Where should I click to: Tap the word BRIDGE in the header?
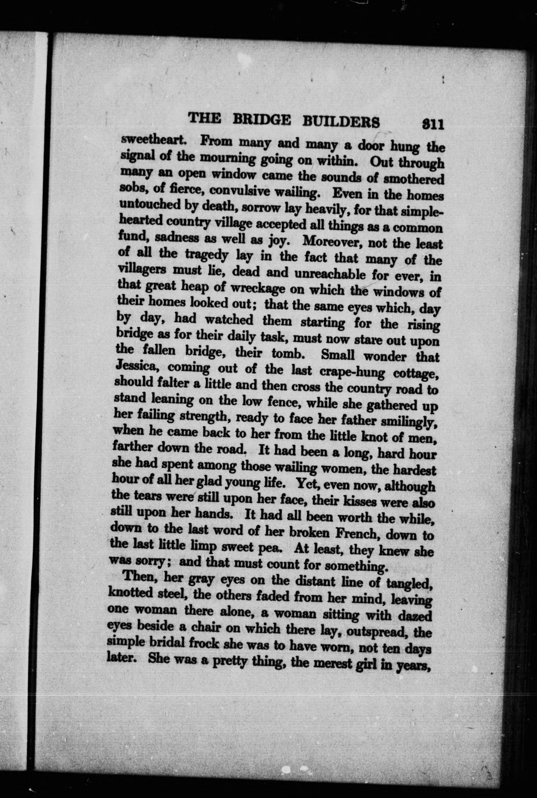(x=261, y=121)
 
